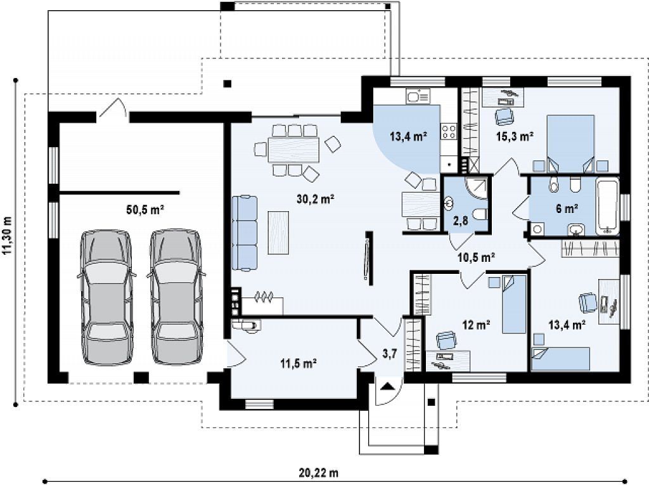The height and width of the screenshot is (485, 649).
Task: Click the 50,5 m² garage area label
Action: [x=145, y=210]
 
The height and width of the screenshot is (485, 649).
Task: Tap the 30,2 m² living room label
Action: [x=316, y=199]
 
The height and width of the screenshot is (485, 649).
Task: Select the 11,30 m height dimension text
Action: [x=8, y=242]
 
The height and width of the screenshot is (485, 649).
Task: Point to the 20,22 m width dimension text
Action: [x=318, y=472]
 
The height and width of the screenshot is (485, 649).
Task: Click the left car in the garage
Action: [x=106, y=298]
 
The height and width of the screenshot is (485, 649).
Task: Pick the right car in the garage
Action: [x=176, y=298]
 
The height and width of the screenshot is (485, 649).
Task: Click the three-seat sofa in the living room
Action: [x=245, y=233]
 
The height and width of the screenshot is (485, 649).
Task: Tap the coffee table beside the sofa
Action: [x=278, y=232]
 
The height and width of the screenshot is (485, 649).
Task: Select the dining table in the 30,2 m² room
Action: [x=293, y=150]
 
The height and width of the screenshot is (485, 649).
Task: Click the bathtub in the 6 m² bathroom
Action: [x=607, y=206]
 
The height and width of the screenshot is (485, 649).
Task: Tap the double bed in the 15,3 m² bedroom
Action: [x=570, y=143]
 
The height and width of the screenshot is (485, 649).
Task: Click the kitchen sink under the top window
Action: [x=418, y=96]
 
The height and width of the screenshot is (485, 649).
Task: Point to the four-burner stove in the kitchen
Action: [x=448, y=131]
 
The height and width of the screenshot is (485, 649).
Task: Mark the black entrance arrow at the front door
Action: [x=387, y=387]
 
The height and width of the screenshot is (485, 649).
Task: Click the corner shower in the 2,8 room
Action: [x=477, y=188]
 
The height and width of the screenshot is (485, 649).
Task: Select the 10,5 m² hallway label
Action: [x=477, y=257]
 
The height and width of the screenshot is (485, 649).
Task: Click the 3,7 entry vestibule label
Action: [x=390, y=354]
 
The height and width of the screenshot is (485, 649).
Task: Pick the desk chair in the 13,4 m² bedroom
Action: [x=588, y=303]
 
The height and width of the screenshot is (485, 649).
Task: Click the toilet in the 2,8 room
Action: [x=481, y=215]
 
